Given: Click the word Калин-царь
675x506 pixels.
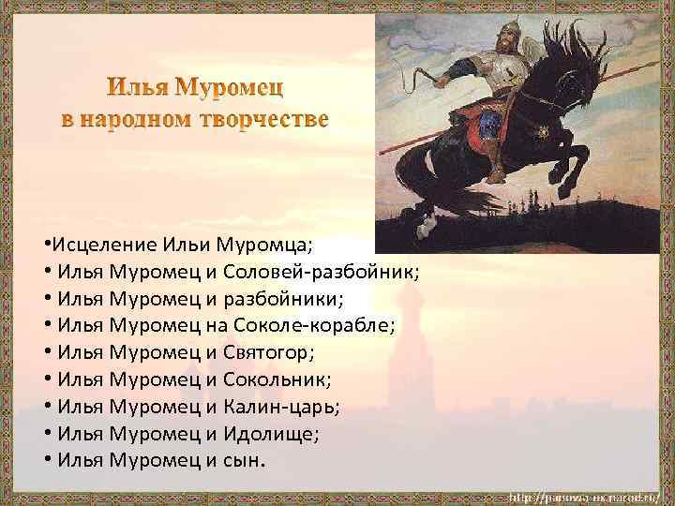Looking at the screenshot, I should (279, 407).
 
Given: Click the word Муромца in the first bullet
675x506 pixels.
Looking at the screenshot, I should (264, 245).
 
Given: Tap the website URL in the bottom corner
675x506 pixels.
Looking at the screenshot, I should (585, 494).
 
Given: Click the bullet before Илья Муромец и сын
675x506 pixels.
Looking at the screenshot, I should (47, 460).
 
